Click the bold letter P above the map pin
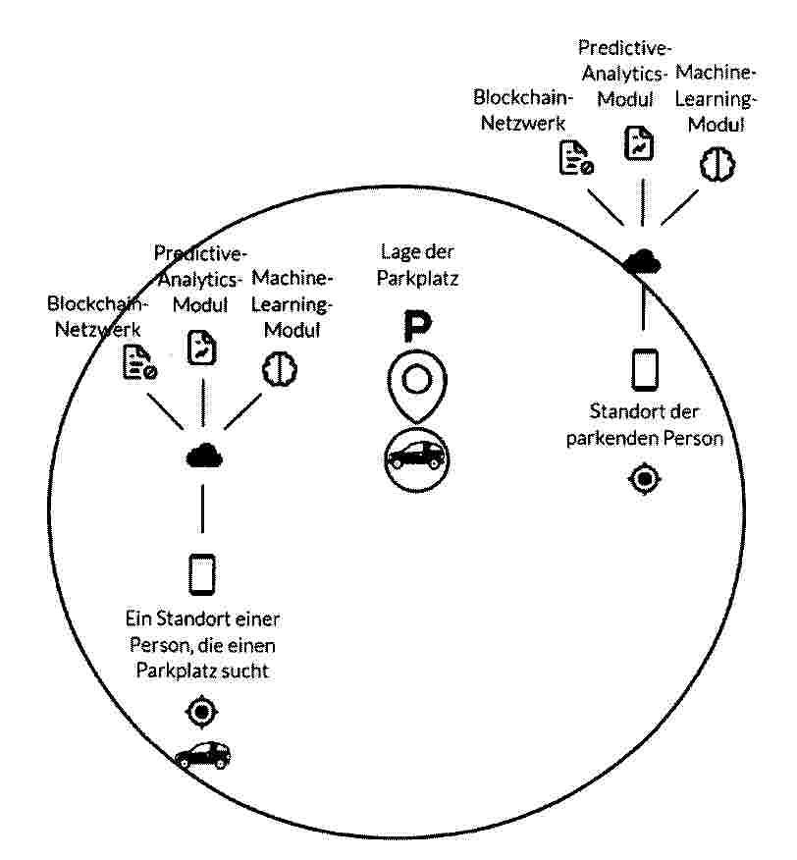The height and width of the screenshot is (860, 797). tap(417, 326)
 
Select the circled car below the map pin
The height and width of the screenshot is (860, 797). tap(416, 459)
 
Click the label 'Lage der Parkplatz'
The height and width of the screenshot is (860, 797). tap(417, 265)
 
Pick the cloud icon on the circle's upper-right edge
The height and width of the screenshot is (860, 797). tap(642, 261)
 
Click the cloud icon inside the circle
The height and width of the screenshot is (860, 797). tap(204, 455)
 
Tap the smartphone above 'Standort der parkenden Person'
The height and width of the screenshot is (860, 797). tap(645, 369)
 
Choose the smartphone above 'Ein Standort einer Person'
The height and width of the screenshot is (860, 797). tap(202, 574)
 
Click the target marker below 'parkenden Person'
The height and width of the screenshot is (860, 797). tap(645, 479)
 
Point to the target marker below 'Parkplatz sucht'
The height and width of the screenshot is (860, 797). tap(202, 712)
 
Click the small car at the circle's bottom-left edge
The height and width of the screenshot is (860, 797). tap(203, 755)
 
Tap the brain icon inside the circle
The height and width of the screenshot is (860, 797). tap(280, 369)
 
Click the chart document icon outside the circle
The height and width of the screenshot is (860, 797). tap(639, 143)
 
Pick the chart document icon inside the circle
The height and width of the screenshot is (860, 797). tap(202, 348)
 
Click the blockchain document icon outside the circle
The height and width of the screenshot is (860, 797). tap(575, 158)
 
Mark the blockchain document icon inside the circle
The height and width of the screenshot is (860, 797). tap(139, 362)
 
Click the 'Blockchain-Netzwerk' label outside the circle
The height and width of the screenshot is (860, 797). tap(523, 110)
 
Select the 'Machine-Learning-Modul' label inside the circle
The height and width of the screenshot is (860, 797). tap(292, 304)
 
